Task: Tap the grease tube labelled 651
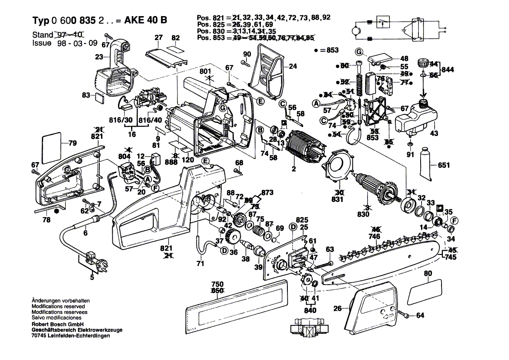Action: click(x=427, y=164)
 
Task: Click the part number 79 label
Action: click(x=72, y=143)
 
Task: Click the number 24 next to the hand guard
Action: click(x=293, y=67)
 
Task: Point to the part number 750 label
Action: click(x=217, y=284)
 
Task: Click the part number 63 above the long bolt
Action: click(x=330, y=249)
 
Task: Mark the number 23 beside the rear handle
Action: click(x=100, y=57)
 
